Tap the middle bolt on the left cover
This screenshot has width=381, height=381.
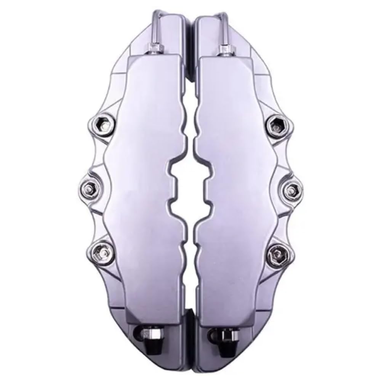click(91, 186)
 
